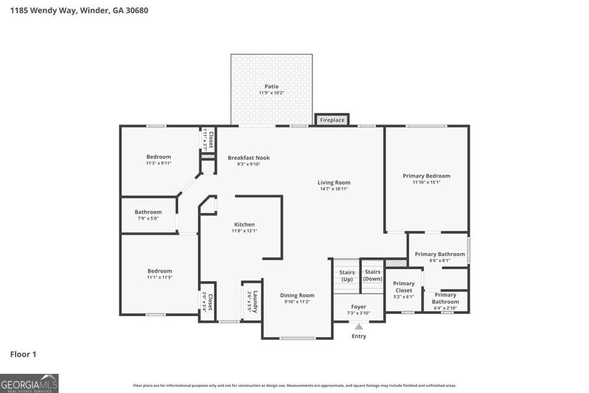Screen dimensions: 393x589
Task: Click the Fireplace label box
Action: point(332,120)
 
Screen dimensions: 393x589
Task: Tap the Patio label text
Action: point(271,86)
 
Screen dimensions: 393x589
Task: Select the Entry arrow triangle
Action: point(359,327)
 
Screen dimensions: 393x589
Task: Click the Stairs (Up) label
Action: point(347,276)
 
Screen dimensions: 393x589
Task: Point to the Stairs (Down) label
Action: point(372,275)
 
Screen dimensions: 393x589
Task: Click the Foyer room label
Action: point(358,307)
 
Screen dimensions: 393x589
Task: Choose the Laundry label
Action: point(255,302)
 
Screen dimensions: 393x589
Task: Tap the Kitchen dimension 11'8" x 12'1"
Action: point(244,231)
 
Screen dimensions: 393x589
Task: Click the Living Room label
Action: point(334,182)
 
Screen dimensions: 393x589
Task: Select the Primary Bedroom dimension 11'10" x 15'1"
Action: point(426,182)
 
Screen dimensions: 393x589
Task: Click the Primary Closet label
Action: point(404,287)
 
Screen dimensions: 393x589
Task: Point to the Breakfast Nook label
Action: point(248,158)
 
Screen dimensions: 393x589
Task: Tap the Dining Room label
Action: point(297,295)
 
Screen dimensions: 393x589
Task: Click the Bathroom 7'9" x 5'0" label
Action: point(148,212)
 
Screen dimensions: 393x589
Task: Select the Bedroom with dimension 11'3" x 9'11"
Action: point(158,157)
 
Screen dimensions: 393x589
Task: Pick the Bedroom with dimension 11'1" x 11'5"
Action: point(159,271)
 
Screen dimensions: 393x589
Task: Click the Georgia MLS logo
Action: point(29,383)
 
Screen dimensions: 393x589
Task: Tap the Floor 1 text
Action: point(23,354)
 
